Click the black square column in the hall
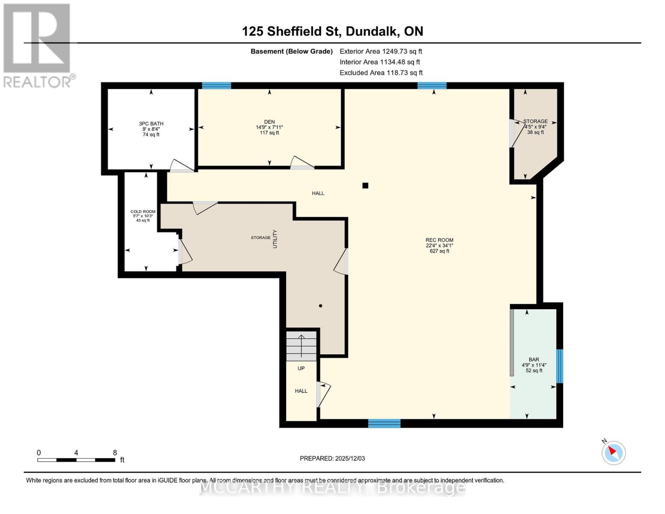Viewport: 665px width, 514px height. tap(365, 185)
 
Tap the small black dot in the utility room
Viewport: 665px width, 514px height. tap(320, 306)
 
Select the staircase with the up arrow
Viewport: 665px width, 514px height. tap(301, 346)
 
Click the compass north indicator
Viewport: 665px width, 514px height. tap(614, 452)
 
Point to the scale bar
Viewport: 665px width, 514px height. tap(76, 460)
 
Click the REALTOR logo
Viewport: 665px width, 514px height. tap(38, 45)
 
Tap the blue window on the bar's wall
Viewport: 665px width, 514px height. tap(559, 366)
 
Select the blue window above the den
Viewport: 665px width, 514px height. tap(217, 86)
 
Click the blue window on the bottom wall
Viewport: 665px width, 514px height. tap(384, 424)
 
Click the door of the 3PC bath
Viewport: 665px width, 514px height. tap(182, 167)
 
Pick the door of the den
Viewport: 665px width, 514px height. tap(302, 163)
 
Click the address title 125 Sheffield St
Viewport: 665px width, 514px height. tap(332, 31)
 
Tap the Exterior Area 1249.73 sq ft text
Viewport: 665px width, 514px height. tap(381, 51)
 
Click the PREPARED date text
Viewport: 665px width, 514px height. tap(332, 458)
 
